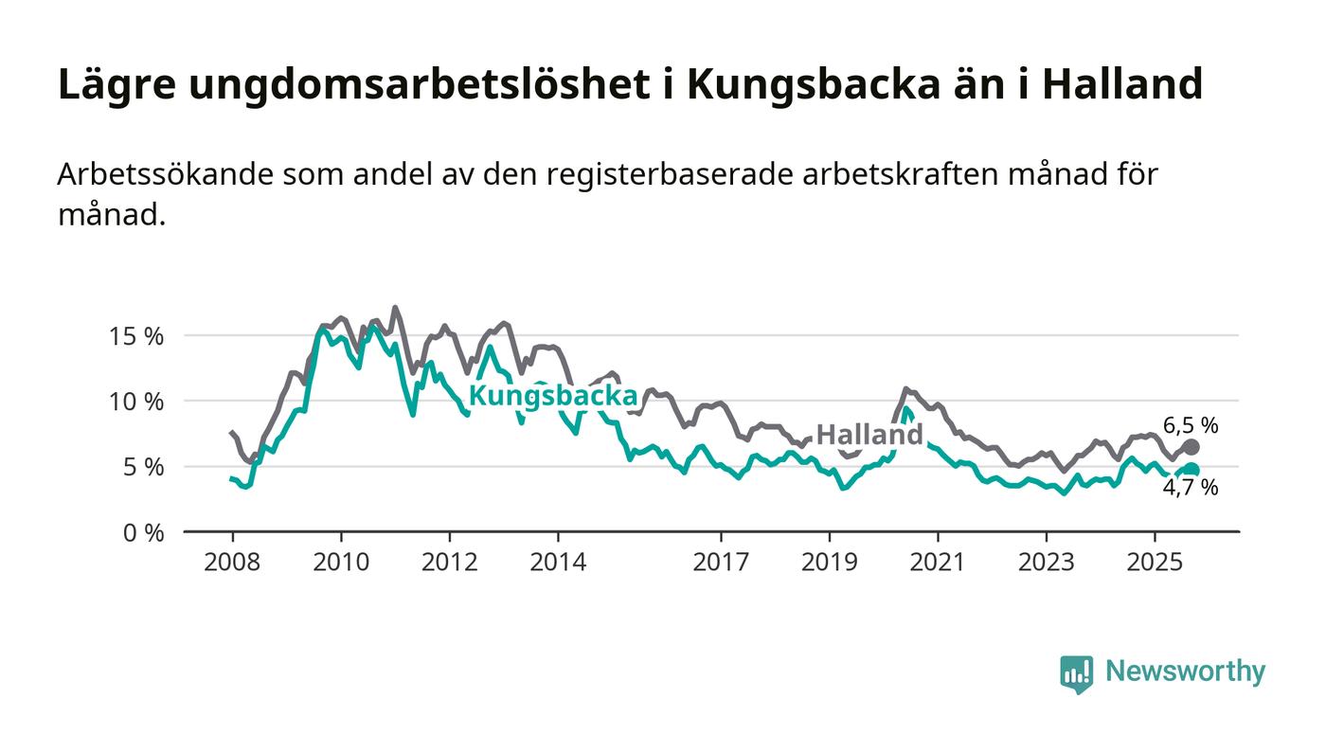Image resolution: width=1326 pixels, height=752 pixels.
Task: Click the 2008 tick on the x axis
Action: [232, 563]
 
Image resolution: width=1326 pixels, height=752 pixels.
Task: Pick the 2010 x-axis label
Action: [341, 563]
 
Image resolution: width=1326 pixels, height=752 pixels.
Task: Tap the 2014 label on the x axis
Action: [558, 563]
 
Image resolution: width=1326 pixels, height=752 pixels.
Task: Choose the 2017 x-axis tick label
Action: [721, 563]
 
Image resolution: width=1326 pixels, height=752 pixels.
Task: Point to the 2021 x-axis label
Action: [938, 563]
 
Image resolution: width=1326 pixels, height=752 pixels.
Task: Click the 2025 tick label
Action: [1155, 563]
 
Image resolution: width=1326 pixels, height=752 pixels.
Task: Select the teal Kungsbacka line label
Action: [553, 396]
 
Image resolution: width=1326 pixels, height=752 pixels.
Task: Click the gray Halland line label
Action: [869, 435]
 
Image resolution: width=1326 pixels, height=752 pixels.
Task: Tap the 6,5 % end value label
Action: [1191, 426]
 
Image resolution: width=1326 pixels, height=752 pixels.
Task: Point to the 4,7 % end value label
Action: [1191, 489]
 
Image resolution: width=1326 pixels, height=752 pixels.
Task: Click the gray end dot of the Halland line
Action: [1192, 446]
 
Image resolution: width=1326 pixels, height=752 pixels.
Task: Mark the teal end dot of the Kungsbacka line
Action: [1192, 470]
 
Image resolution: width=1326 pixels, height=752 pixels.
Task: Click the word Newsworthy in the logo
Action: [1185, 671]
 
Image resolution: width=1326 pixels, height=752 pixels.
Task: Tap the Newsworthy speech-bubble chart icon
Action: [1076, 673]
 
